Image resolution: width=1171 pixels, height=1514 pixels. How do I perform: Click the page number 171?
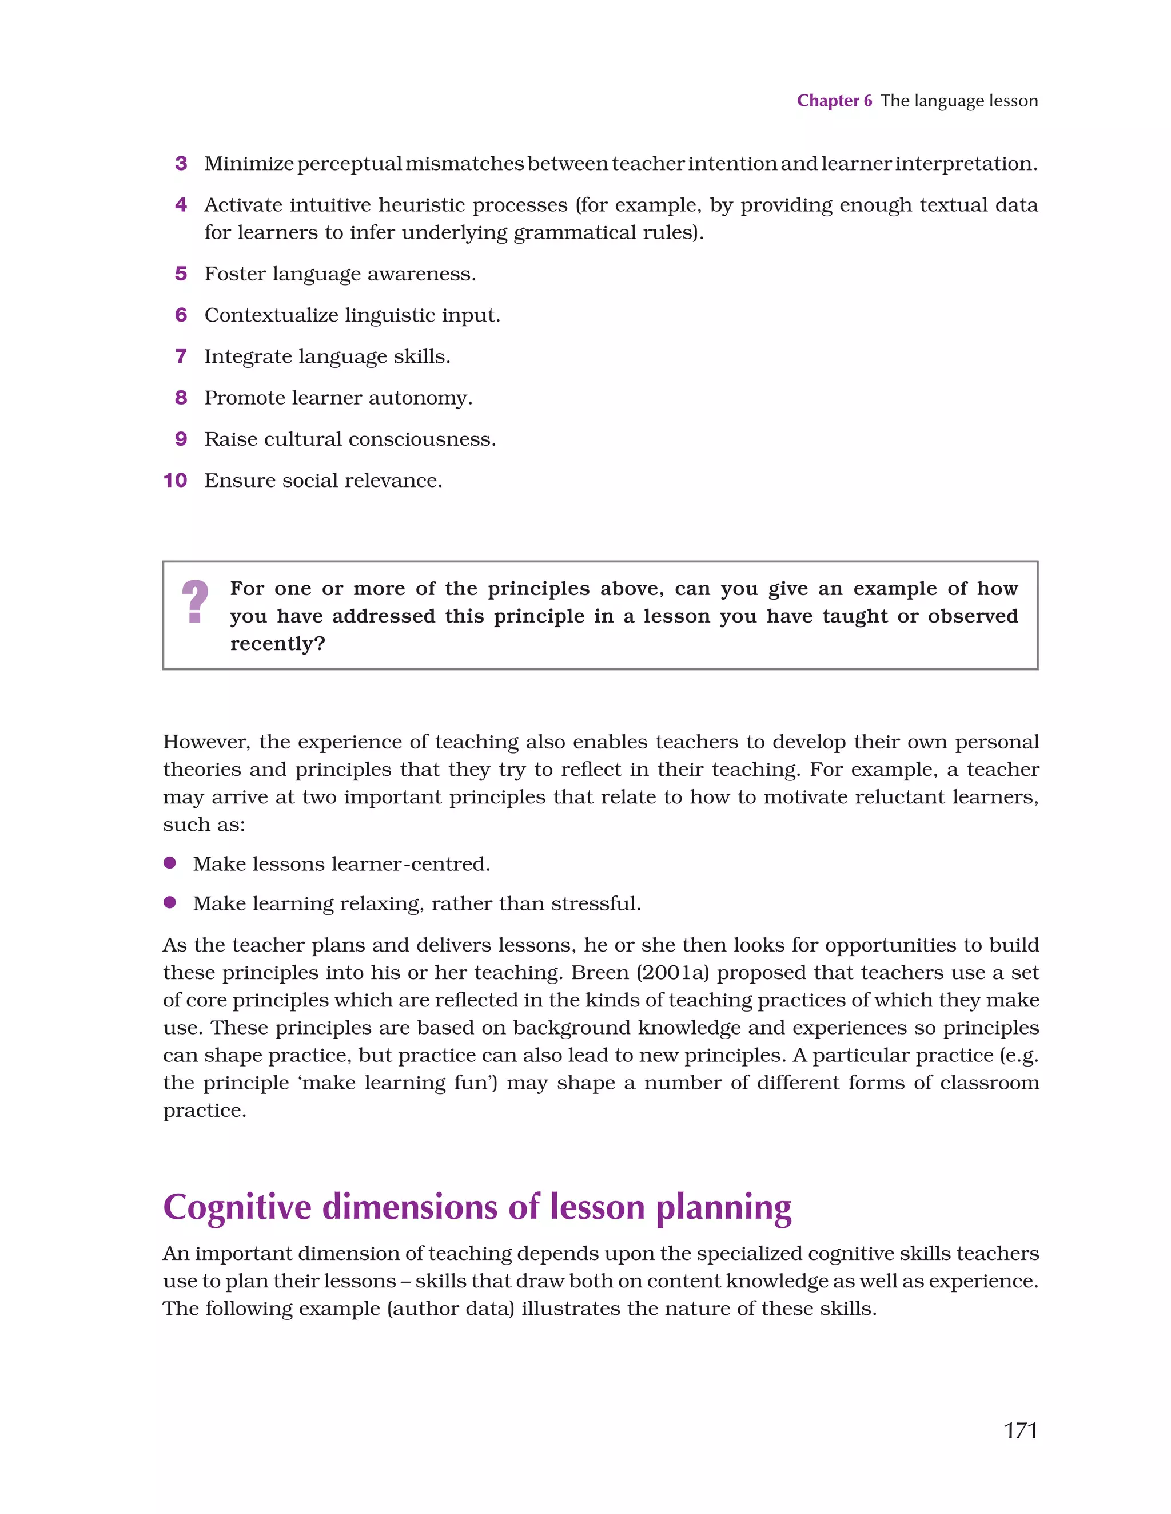(1020, 1430)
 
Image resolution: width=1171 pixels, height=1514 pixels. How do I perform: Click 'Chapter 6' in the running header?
(834, 101)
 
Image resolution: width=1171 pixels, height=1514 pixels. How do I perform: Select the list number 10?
(176, 481)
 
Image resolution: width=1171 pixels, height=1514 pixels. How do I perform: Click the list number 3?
(181, 164)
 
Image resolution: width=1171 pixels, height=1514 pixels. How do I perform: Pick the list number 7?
(181, 356)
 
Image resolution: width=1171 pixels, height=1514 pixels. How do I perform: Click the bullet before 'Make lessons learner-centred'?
(170, 863)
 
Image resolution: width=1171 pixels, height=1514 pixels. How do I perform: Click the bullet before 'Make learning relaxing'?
(170, 902)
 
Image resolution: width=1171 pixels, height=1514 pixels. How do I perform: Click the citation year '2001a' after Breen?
(672, 973)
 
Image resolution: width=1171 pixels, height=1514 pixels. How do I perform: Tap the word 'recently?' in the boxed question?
(277, 644)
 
